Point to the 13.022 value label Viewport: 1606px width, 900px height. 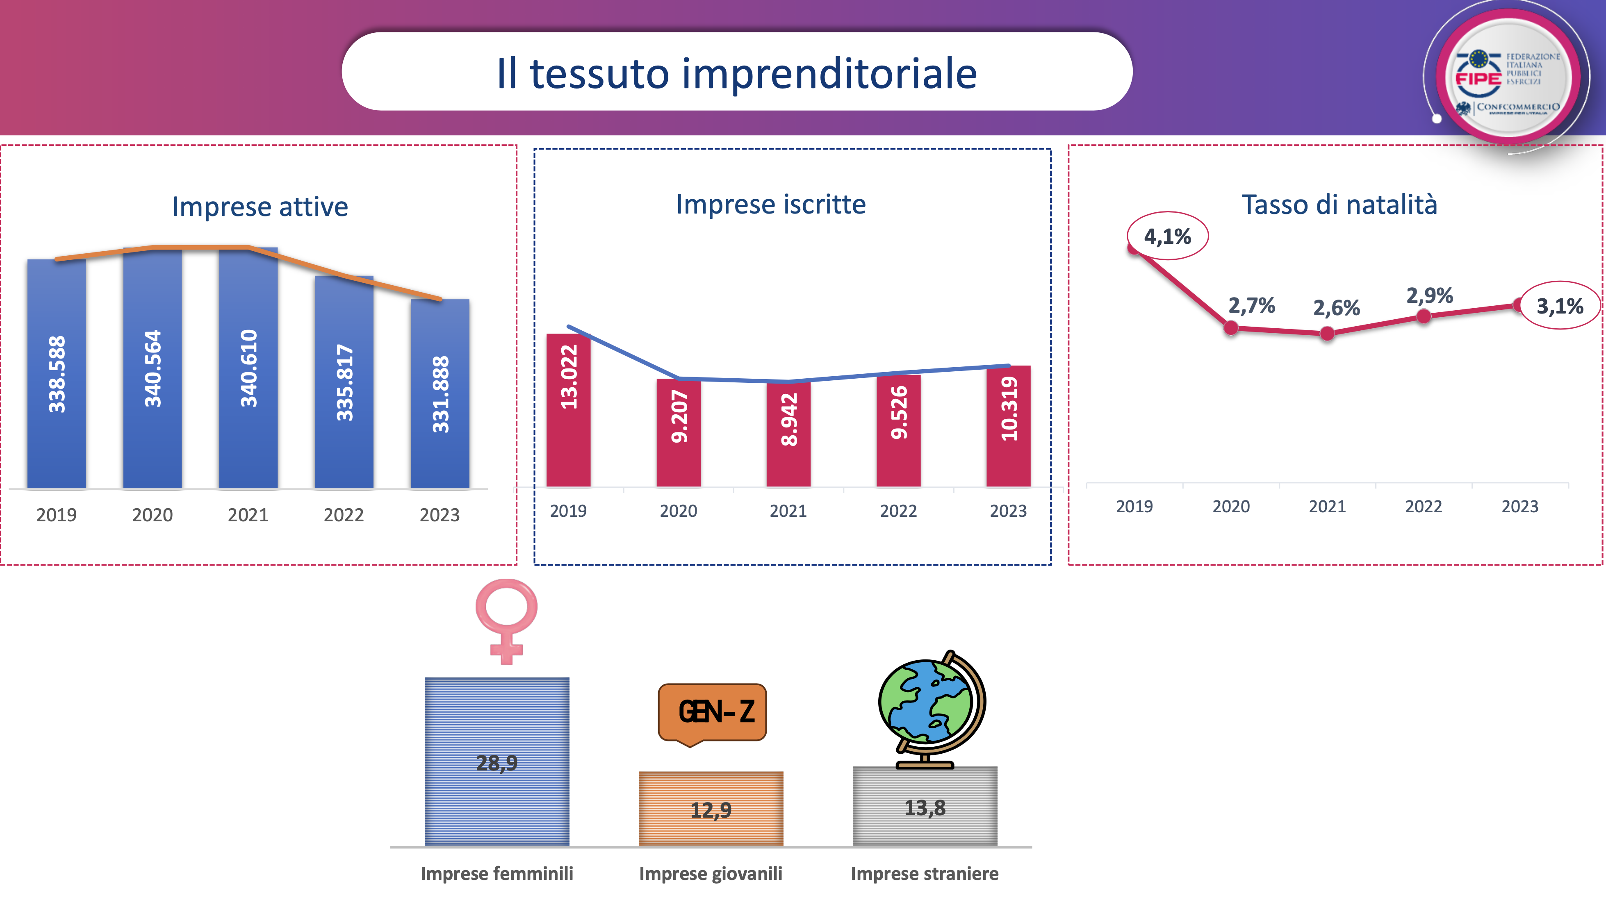click(569, 377)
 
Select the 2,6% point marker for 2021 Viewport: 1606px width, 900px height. click(1327, 334)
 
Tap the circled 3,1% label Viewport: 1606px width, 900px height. click(1559, 306)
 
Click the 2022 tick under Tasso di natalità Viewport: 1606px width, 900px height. click(1423, 506)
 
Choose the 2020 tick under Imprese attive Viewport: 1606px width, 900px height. click(152, 515)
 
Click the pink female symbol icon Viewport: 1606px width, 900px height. click(506, 620)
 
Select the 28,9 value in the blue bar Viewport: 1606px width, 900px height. click(497, 762)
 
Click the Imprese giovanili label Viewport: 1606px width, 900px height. click(711, 874)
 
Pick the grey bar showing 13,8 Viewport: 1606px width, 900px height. click(925, 807)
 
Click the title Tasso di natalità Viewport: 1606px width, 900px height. click(1339, 205)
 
